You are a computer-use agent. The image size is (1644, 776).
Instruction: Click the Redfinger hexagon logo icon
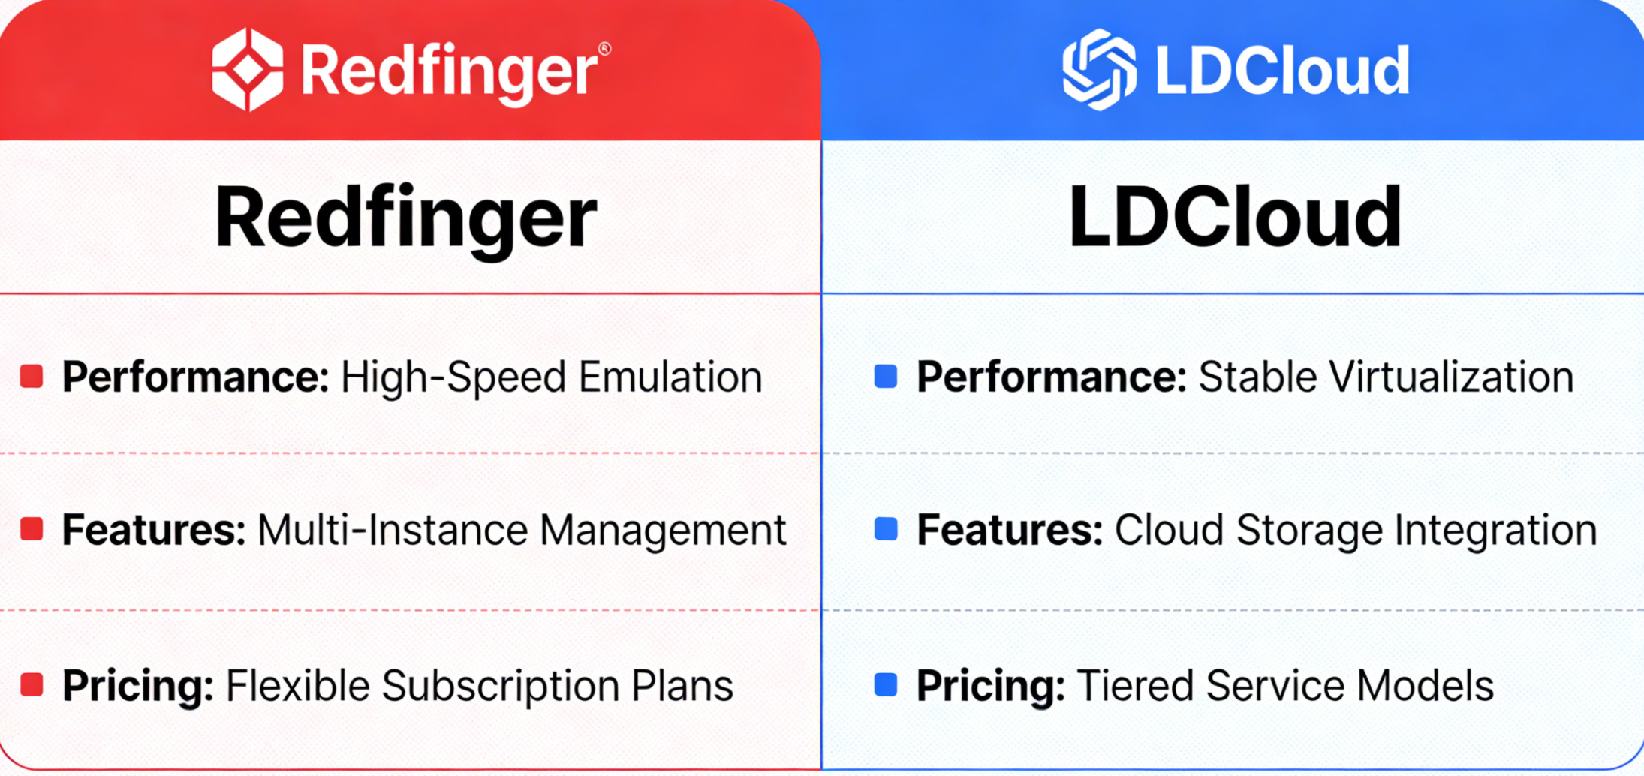tap(248, 70)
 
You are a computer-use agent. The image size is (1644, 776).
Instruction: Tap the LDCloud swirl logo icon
tap(1099, 70)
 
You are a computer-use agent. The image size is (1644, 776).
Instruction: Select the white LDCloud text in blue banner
tap(1282, 71)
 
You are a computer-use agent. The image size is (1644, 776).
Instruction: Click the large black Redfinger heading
tap(405, 217)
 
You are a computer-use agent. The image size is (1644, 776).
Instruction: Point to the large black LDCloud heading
tap(1235, 217)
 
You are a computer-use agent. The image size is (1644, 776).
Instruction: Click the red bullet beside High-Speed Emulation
tap(32, 376)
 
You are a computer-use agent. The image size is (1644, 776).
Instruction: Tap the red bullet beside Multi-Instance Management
tap(32, 529)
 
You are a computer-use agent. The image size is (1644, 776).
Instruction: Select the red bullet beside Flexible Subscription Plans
tap(32, 684)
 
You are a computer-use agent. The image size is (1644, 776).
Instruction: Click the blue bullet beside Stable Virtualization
tap(886, 376)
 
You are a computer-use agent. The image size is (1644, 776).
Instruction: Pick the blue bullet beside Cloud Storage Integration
tap(886, 529)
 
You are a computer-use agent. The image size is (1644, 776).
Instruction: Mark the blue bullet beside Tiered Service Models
tap(886, 684)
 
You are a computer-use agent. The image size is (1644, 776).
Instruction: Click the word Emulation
tap(670, 377)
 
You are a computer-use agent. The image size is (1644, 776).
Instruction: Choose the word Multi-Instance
tap(393, 530)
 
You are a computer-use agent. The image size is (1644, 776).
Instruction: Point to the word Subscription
tap(500, 686)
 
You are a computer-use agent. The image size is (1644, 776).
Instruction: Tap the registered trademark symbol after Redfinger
tap(604, 49)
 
